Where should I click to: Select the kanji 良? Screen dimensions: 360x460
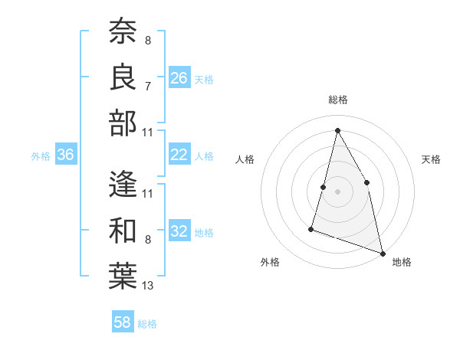[x=123, y=77]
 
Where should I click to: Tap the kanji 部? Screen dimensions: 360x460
[x=123, y=123]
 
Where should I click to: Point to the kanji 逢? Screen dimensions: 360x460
[x=123, y=185]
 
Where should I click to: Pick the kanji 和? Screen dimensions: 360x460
[x=123, y=231]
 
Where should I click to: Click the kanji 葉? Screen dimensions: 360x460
[x=123, y=277]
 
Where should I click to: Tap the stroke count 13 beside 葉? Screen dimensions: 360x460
[x=148, y=286]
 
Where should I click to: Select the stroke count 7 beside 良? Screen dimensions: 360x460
[x=148, y=87]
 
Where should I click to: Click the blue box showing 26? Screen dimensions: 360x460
[x=179, y=77]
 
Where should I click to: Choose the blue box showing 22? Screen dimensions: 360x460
[x=179, y=155]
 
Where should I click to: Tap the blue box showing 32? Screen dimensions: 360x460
[x=179, y=231]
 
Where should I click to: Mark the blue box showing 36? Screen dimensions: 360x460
[x=66, y=155]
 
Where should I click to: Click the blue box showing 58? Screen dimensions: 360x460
[x=123, y=322]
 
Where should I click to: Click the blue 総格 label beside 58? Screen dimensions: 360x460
[x=147, y=324]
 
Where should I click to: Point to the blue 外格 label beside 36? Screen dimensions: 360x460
[x=41, y=156]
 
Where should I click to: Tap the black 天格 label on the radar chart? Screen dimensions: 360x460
[x=431, y=159]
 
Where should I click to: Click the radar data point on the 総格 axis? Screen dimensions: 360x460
[x=337, y=130]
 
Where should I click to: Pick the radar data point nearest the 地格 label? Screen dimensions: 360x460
[x=383, y=253]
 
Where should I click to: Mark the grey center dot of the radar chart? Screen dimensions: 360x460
[x=337, y=191]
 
